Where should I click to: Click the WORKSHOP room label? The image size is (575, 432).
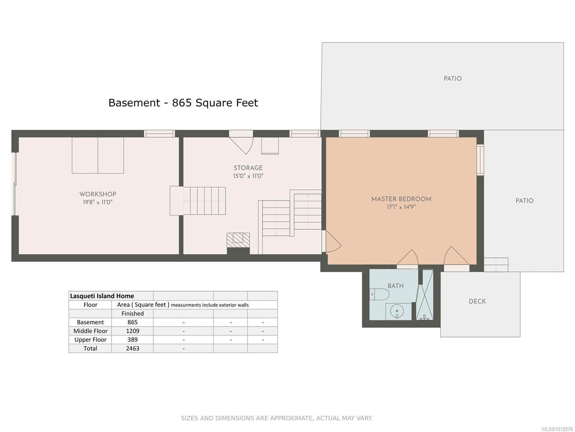click(98, 194)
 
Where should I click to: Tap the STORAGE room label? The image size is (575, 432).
click(248, 168)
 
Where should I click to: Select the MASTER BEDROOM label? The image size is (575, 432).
click(401, 199)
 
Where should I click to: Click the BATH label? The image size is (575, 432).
click(395, 286)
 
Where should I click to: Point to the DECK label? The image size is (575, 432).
click(477, 301)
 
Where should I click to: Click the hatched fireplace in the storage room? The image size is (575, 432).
click(238, 240)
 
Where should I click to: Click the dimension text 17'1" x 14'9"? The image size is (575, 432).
click(401, 207)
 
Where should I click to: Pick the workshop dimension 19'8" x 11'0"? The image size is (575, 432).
click(98, 202)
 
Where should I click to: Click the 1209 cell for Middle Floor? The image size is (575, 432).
click(133, 331)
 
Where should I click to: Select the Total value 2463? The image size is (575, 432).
click(133, 348)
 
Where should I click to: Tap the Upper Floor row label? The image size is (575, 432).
click(90, 339)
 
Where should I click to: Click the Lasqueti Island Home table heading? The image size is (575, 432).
click(102, 296)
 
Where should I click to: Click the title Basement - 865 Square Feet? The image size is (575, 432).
click(183, 103)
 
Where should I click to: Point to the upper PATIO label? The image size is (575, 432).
click(452, 78)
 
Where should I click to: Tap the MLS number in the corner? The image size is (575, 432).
click(557, 429)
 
